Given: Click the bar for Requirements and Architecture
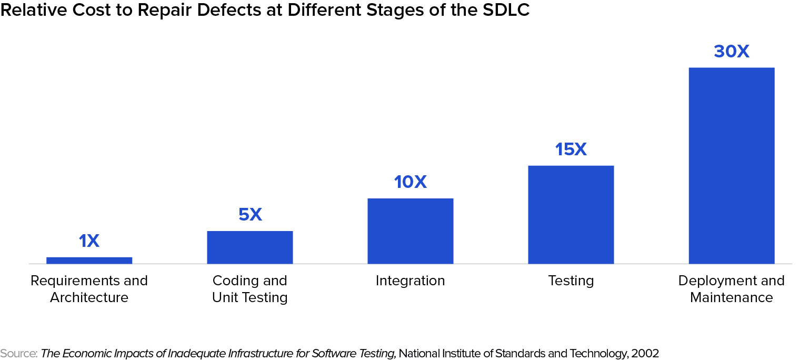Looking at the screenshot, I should click(89, 260).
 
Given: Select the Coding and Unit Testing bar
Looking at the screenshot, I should click(249, 247).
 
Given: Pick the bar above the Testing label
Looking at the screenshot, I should click(571, 214).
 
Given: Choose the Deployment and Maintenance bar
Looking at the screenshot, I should click(731, 165).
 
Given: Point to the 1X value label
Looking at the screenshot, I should click(89, 241).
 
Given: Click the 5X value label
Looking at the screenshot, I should click(249, 215).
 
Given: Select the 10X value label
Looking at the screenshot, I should click(410, 182).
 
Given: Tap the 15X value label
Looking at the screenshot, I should click(571, 149).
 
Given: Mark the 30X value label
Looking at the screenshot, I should click(731, 52).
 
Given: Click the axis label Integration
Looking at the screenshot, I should click(410, 281).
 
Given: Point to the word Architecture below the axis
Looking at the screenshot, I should click(89, 297).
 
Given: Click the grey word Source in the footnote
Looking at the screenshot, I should click(17, 353).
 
